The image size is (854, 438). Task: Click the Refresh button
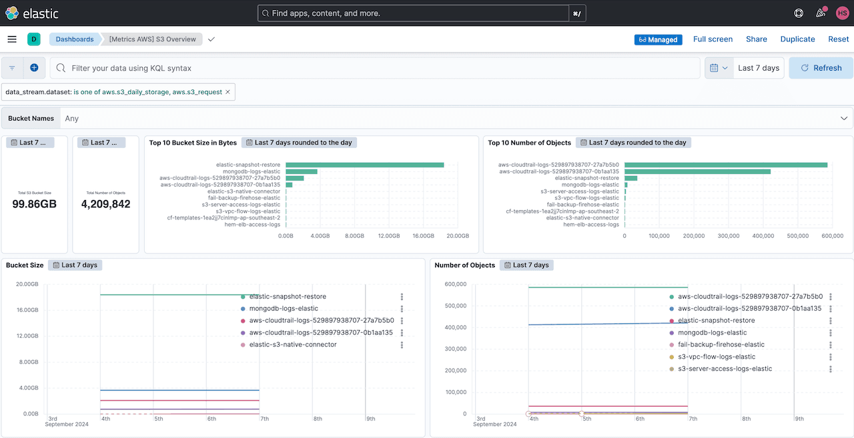[x=821, y=68]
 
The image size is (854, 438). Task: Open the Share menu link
[x=756, y=39]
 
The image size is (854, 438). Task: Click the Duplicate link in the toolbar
[x=797, y=39]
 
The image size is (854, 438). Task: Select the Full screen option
[x=713, y=39]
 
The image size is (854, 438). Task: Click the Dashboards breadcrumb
[x=74, y=39]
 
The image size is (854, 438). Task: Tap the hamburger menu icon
[x=12, y=39]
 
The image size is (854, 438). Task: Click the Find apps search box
[x=414, y=13]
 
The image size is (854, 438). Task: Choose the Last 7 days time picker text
[x=758, y=68]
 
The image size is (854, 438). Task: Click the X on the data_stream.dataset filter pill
[x=228, y=92]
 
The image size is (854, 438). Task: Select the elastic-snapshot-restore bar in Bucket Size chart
[x=364, y=165]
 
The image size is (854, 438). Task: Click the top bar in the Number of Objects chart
[x=726, y=165]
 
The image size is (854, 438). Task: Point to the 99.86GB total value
[x=35, y=204]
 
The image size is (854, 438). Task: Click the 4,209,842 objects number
[x=105, y=204]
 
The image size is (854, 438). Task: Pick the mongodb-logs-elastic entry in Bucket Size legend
[x=284, y=309]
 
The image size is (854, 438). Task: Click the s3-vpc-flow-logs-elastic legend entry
[x=717, y=357]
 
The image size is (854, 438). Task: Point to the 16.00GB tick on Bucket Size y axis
[x=27, y=310]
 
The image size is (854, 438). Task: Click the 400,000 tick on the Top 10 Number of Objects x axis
[x=764, y=236]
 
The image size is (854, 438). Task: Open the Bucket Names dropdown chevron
[x=844, y=118]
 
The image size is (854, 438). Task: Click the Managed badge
[x=658, y=40]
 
